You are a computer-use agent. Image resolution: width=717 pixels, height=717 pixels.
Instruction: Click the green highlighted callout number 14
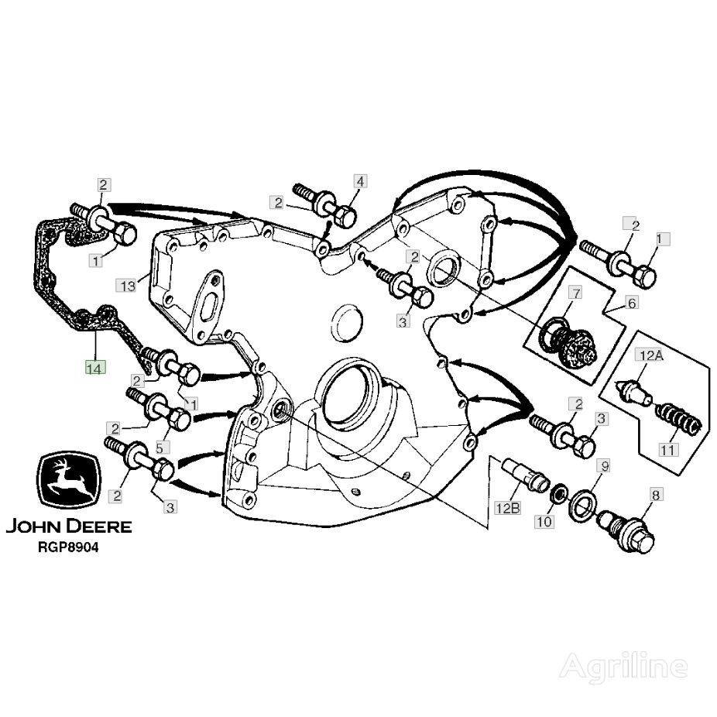pos(94,368)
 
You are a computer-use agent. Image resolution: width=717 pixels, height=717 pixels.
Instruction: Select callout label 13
pos(129,286)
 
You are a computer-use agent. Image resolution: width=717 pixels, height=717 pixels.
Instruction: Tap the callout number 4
pos(360,181)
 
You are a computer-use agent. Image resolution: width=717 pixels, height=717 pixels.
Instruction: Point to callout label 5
pos(163,448)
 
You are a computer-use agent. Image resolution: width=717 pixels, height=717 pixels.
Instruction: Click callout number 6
pos(632,304)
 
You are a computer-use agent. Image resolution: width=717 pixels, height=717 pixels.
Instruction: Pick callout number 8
pos(655,492)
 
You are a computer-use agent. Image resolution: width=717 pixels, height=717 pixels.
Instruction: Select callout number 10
pos(544,522)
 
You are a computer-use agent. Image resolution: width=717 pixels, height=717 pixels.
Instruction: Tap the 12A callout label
pos(649,355)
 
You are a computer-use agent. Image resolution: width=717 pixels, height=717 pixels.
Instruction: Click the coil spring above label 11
pos(679,419)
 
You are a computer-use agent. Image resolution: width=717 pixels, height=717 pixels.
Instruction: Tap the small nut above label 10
pos(557,491)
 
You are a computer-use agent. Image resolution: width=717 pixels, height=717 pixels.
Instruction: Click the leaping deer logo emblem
pos(67,482)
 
